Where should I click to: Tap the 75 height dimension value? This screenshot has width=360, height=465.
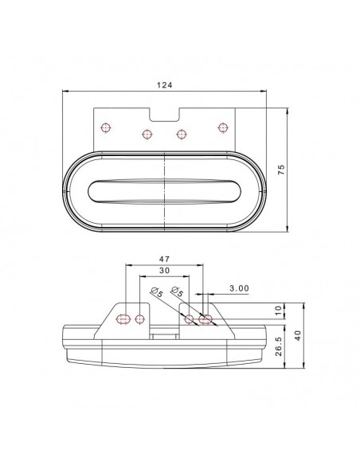(281, 170)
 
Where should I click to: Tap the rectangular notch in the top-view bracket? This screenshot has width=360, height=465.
(165, 115)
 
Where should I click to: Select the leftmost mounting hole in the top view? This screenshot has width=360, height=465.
(106, 126)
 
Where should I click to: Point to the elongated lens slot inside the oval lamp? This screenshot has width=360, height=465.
(165, 190)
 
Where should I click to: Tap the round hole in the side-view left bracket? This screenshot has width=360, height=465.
(141, 320)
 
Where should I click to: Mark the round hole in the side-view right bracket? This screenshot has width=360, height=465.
(190, 320)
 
